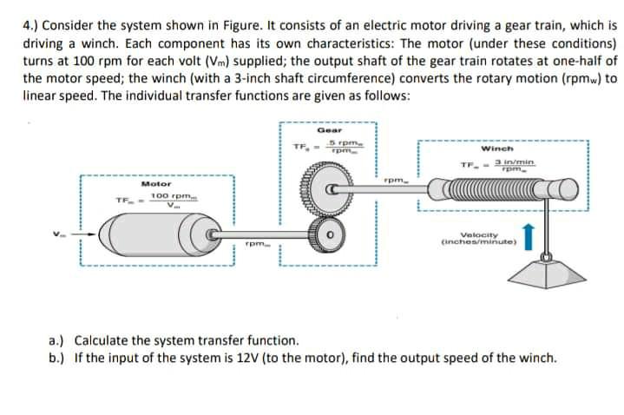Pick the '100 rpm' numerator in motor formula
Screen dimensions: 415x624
click(x=169, y=197)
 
